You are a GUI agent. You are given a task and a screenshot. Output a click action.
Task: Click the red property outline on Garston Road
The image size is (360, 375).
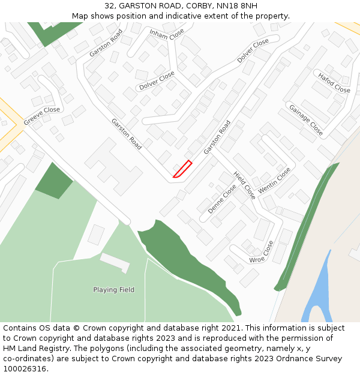tap(182, 169)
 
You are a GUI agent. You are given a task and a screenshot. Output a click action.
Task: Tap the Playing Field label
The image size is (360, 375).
tap(113, 290)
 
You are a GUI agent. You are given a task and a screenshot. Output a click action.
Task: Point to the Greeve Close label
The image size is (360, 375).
tap(42, 116)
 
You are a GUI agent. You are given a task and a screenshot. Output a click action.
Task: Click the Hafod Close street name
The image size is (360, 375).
tap(334, 83)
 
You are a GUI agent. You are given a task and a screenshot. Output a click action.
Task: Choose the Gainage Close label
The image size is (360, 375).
tap(306, 120)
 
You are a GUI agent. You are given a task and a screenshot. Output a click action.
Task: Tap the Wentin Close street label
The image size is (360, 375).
tap(275, 180)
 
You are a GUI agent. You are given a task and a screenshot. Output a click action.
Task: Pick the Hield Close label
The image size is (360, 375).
tap(245, 185)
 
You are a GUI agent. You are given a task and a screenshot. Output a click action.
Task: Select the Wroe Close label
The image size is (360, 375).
tap(261, 253)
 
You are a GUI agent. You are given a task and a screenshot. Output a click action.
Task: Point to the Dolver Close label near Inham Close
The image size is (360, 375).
tap(157, 81)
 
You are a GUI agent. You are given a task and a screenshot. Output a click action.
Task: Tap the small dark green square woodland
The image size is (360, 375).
tap(54, 180)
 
